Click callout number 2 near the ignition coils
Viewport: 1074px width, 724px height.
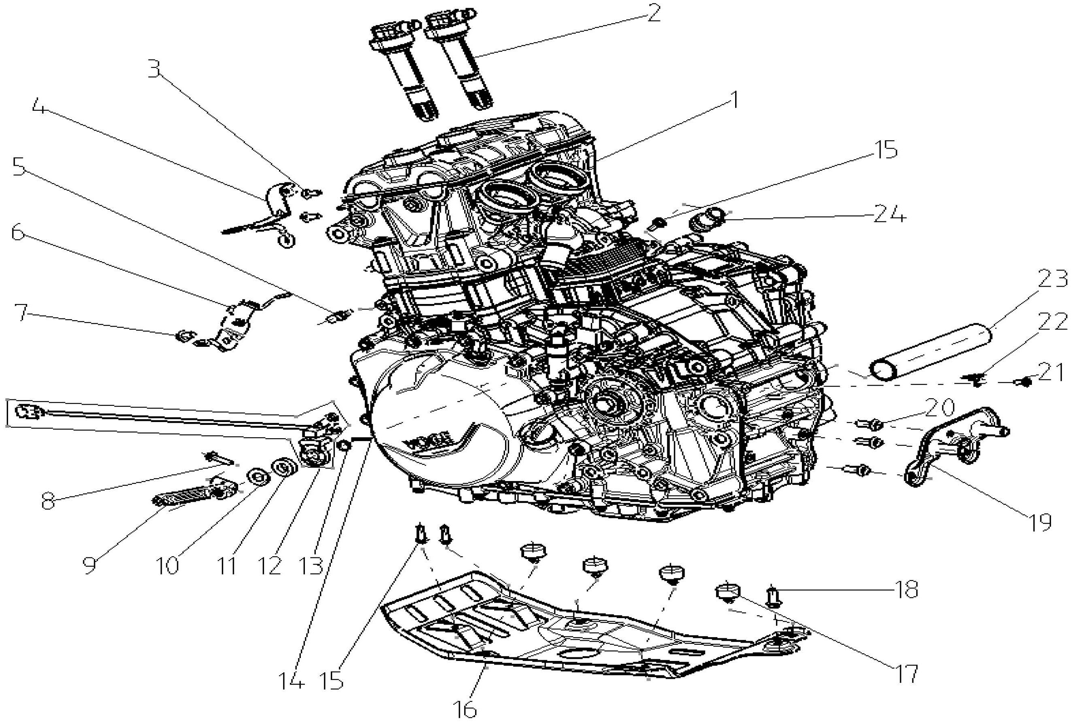pos(653,14)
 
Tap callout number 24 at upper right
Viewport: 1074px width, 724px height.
pos(889,214)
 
